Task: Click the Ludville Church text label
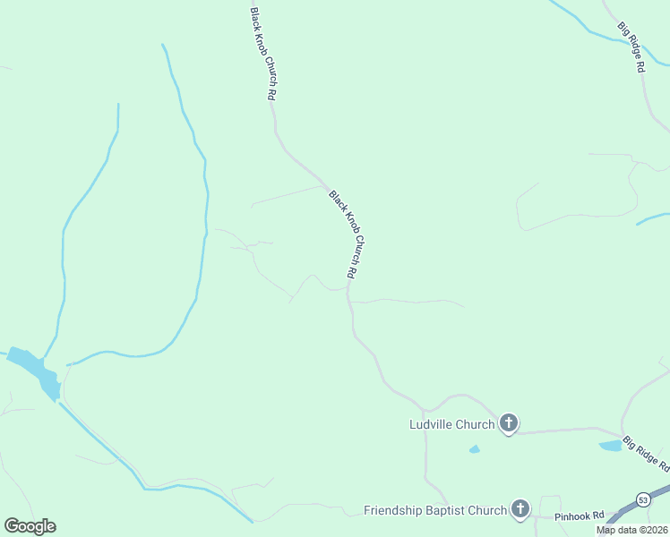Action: click(451, 424)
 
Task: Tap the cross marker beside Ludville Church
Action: click(509, 423)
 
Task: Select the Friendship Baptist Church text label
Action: click(435, 511)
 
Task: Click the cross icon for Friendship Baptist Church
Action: click(520, 510)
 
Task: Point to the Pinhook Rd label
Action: click(580, 516)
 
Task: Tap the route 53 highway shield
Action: click(644, 499)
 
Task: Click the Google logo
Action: click(30, 526)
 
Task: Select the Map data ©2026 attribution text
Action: click(631, 530)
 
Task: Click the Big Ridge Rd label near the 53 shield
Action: click(647, 454)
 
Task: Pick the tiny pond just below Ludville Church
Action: click(474, 449)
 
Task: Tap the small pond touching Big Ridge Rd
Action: click(610, 445)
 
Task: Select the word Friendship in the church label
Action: click(394, 511)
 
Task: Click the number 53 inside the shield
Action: click(644, 499)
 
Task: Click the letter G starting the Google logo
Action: click(11, 526)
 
